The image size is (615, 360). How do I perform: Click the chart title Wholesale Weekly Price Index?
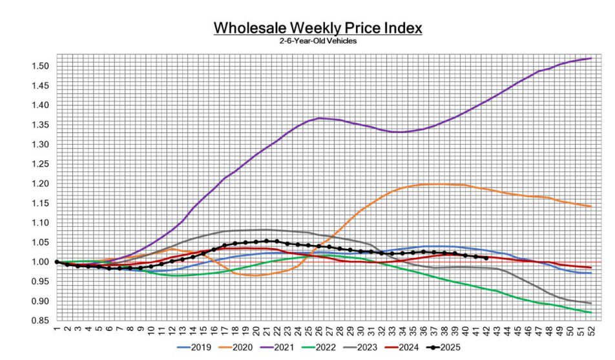coord(317,28)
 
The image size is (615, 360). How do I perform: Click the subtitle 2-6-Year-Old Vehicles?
coord(317,41)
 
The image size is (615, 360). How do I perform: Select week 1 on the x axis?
coord(57,328)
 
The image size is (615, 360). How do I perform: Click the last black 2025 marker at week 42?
coord(486,258)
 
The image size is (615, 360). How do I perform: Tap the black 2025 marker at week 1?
coord(57,262)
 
